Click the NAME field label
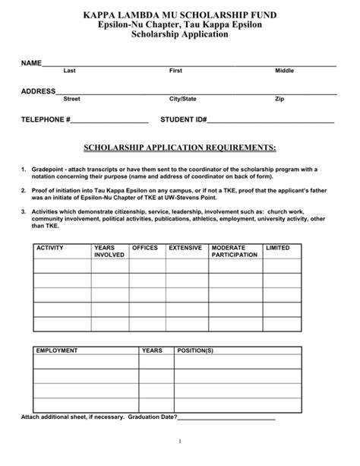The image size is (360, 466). point(30,62)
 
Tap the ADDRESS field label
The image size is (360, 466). point(38,91)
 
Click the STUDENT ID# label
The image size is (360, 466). point(183,120)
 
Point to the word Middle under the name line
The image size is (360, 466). point(284,71)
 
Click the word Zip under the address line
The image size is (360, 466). point(279,99)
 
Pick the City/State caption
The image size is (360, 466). point(182,99)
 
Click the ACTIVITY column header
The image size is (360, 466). point(50,249)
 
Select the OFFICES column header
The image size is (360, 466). point(145,249)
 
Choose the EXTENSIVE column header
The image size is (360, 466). point(185,249)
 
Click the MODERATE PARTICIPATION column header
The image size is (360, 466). point(235,252)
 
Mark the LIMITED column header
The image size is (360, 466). point(277,249)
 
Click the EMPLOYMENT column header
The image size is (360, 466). point(57,351)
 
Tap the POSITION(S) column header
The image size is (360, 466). point(195,351)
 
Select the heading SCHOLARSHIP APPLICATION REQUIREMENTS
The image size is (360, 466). point(179,146)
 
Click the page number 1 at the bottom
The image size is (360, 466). point(179,442)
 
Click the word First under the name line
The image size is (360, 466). point(175,71)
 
